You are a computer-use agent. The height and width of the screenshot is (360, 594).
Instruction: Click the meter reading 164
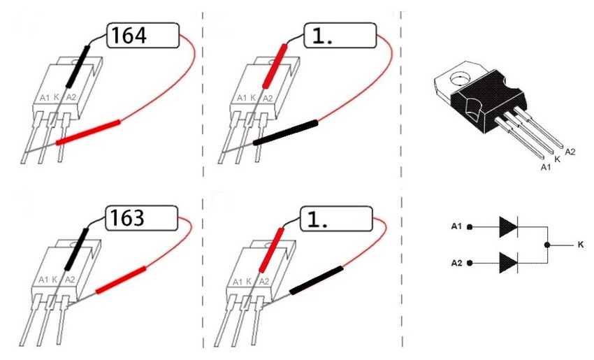click(x=129, y=35)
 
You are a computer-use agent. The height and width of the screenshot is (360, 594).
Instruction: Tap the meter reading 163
click(x=127, y=218)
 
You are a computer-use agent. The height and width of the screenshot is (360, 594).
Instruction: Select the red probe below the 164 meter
click(x=88, y=132)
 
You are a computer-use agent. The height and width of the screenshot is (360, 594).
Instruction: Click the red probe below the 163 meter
click(x=121, y=280)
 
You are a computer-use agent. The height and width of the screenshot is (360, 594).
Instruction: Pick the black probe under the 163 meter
click(x=77, y=249)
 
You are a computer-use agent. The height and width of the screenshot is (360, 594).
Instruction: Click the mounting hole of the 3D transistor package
click(x=460, y=78)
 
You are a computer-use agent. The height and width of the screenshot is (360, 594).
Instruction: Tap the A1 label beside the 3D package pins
click(x=546, y=167)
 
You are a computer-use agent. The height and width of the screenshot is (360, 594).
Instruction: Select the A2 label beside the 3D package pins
click(x=570, y=152)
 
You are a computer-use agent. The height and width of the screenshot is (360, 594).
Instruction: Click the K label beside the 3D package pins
click(x=557, y=159)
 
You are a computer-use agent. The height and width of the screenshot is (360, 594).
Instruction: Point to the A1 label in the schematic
click(x=456, y=226)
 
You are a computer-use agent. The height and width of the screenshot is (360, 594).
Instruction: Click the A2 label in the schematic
click(x=456, y=263)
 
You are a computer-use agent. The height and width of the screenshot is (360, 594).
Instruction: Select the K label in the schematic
click(x=581, y=245)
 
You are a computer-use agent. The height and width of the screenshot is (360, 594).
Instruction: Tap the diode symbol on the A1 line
click(x=509, y=227)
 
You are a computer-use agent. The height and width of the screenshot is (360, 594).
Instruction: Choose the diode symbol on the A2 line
click(x=509, y=263)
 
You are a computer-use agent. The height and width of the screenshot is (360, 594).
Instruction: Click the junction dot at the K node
click(x=547, y=245)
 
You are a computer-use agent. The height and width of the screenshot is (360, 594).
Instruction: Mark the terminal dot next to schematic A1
click(x=470, y=227)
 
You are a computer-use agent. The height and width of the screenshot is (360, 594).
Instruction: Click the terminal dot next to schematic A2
click(x=470, y=263)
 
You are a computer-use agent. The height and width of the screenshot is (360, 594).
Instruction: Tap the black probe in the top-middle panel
click(x=285, y=132)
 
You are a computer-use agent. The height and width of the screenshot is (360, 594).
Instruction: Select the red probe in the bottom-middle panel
click(x=271, y=250)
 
